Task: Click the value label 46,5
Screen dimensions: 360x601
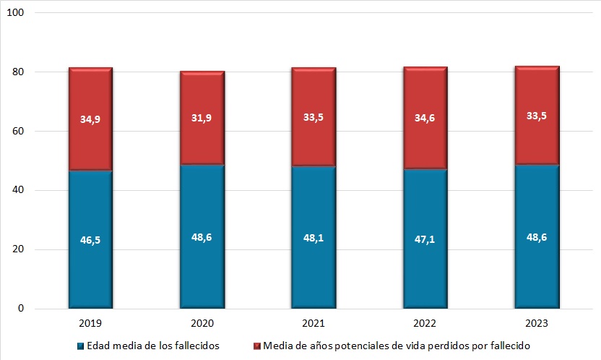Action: tap(90, 240)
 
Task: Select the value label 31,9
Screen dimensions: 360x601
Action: tap(202, 119)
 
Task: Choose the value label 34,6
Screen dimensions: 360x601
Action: tap(425, 119)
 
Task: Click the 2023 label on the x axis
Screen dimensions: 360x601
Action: tap(537, 320)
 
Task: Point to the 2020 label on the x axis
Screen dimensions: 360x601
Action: tap(202, 320)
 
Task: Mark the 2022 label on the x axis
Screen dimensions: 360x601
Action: tap(425, 320)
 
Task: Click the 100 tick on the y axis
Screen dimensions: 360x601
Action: tap(17, 14)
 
